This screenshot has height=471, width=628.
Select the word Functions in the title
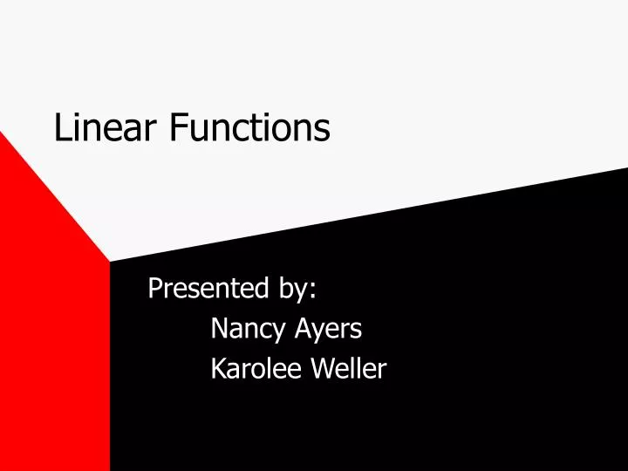(249, 128)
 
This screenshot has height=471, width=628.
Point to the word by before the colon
(294, 289)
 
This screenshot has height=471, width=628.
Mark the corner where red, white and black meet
(110, 261)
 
